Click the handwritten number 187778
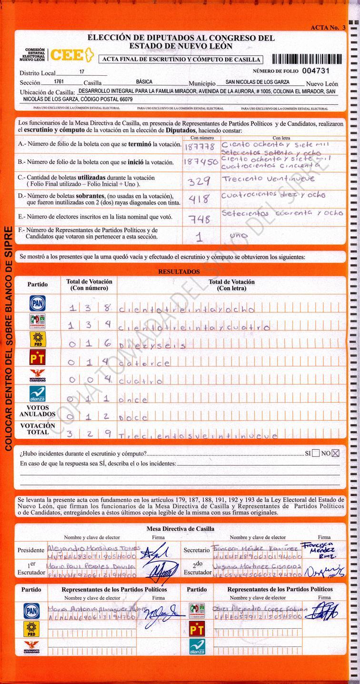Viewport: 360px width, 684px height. tap(200, 146)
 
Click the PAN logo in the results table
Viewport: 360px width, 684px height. tap(37, 304)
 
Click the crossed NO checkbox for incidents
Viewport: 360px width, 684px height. tap(336, 453)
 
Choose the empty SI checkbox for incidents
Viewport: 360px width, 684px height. tap(316, 453)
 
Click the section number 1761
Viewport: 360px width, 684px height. tap(59, 82)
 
